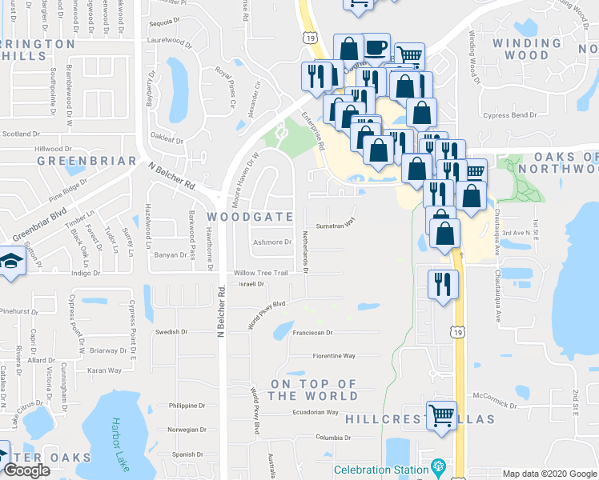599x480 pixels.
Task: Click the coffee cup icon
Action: (376, 47)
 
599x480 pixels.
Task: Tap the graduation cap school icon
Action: (12, 262)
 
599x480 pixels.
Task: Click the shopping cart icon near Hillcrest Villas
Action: (441, 415)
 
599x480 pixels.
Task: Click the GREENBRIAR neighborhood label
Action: (86, 161)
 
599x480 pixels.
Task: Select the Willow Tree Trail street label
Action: (260, 274)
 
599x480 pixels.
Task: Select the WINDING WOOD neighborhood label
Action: (521, 50)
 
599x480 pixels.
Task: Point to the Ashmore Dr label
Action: (271, 242)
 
